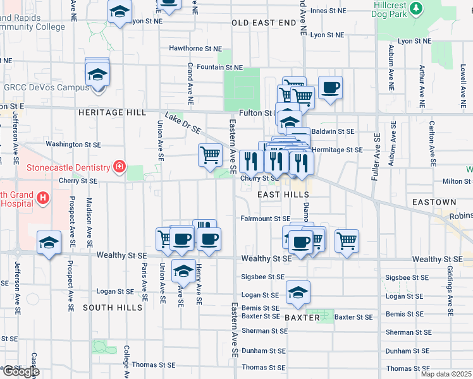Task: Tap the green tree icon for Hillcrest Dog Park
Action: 416,8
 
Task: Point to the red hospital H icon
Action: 42,198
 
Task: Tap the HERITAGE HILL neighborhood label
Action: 112,112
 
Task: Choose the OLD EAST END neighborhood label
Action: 264,23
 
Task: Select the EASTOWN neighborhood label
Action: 434,202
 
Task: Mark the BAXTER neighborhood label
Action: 302,318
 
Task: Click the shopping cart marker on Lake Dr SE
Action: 210,155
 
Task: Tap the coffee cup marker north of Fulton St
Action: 329,88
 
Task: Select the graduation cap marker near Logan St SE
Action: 298,292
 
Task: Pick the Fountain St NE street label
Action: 219,68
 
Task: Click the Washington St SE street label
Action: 73,144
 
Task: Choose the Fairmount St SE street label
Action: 265,219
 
